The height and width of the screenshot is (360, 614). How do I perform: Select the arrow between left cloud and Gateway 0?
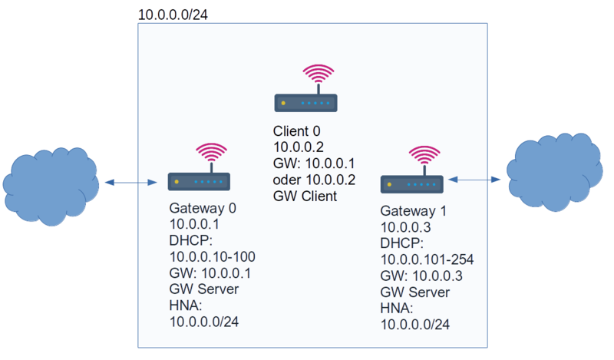(x=130, y=183)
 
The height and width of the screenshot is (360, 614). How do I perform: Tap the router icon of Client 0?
(x=306, y=102)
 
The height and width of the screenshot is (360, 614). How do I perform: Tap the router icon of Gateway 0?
(x=200, y=182)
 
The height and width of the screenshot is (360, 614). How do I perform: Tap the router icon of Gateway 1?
(x=412, y=183)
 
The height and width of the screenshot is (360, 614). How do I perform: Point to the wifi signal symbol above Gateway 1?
(x=424, y=156)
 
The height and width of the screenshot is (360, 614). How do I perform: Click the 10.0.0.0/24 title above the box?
(x=173, y=15)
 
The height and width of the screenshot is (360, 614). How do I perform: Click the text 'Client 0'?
(x=296, y=131)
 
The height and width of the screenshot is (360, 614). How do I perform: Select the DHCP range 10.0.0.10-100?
(x=213, y=257)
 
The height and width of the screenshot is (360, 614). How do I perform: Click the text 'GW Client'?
(x=305, y=196)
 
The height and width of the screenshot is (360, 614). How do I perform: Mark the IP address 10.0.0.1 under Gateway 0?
(x=194, y=225)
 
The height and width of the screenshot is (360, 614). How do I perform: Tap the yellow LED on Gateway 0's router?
(x=177, y=183)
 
